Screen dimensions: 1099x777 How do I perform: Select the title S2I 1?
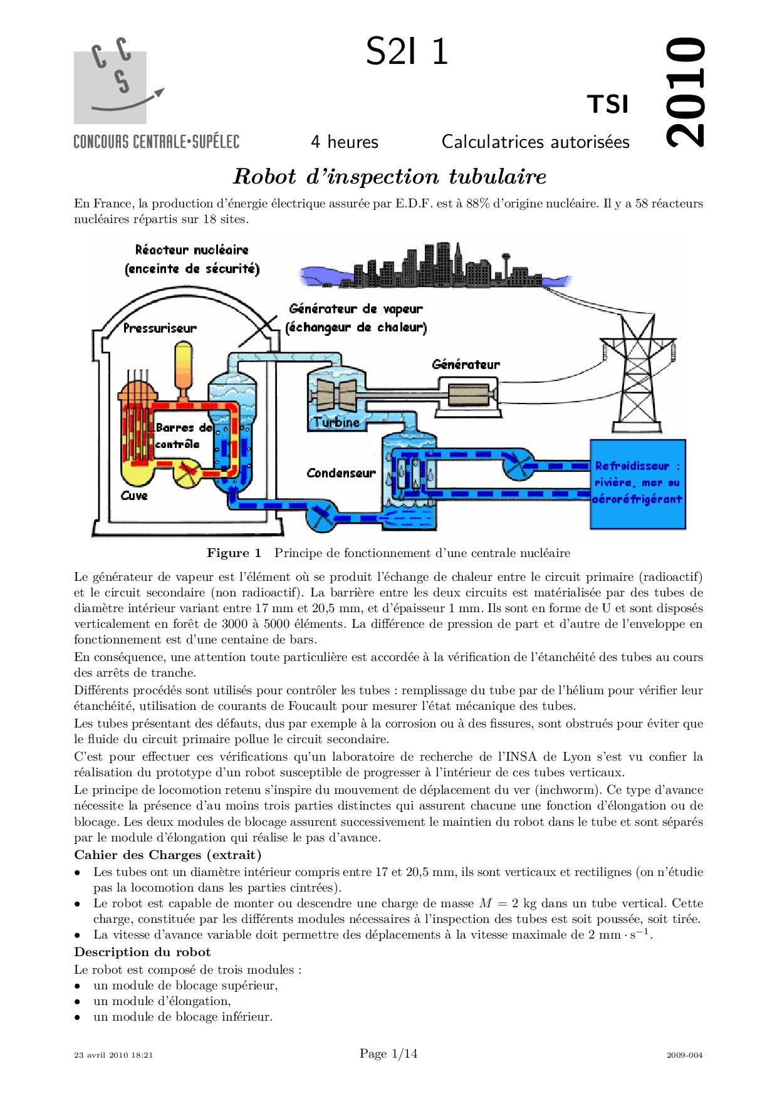[407, 51]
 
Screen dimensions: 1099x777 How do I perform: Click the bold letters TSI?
[607, 105]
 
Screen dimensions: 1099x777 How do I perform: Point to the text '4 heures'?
[345, 142]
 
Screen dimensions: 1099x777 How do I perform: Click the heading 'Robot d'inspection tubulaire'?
[390, 177]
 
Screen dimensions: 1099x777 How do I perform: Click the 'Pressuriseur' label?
[160, 328]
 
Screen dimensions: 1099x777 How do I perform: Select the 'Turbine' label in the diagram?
[337, 422]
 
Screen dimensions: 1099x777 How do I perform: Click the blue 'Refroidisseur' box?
[638, 483]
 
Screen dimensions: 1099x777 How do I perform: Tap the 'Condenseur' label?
[341, 473]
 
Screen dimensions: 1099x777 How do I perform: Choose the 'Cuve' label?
[134, 496]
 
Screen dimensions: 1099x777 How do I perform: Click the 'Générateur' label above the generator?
[466, 365]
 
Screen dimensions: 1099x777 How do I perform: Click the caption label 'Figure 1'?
[234, 553]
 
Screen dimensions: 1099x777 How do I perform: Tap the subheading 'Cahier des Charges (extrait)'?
[168, 855]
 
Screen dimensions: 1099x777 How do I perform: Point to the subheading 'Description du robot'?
[142, 952]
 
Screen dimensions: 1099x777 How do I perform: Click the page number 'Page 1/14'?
[388, 1054]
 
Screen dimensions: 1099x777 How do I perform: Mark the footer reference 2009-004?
[684, 1055]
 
